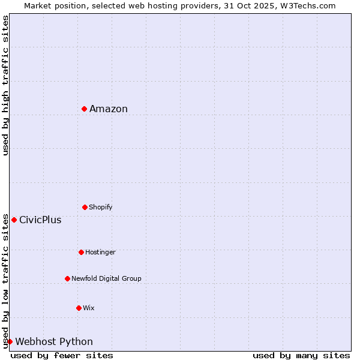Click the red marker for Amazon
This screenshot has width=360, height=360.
coord(85,109)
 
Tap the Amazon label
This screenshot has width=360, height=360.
coord(109,109)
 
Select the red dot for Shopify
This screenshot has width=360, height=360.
coord(85,207)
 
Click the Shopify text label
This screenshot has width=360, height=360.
coord(101,208)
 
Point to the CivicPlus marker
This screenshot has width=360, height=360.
coord(14,220)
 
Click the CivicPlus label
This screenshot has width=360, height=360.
coord(40,220)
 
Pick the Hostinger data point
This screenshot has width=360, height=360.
coord(81,252)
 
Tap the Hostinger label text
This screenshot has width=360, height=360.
coord(100,253)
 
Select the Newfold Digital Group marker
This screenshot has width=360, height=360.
coord(67,278)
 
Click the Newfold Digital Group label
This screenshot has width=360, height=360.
coord(106,278)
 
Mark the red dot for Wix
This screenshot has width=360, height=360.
coord(79,308)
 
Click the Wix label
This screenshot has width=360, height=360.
coord(89,308)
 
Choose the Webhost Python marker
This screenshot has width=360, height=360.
coord(10,341)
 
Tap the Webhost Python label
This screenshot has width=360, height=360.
coord(54,342)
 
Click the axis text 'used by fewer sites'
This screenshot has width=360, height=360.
coord(62,355)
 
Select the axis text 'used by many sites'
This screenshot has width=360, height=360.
coord(301,355)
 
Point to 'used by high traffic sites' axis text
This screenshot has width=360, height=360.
coord(5,85)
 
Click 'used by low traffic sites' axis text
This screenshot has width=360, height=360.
coord(5,280)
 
